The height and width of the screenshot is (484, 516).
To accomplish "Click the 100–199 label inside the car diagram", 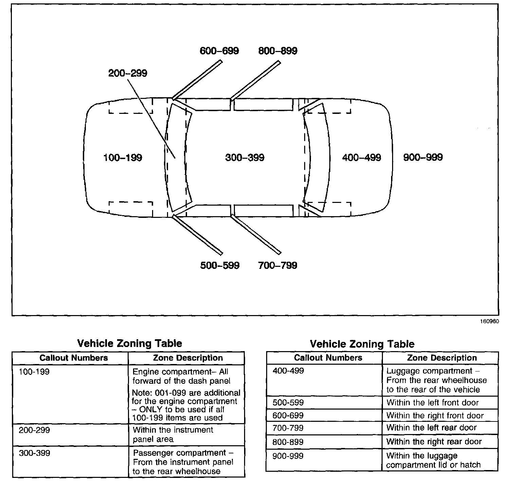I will pyautogui.click(x=123, y=158).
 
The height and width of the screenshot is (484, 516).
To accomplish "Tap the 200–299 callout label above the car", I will pyautogui.click(x=128, y=73).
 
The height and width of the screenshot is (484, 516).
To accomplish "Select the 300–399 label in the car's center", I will pyautogui.click(x=245, y=158).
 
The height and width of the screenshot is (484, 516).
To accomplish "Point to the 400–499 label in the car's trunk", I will pyautogui.click(x=362, y=158).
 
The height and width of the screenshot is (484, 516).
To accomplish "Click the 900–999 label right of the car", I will pyautogui.click(x=423, y=157).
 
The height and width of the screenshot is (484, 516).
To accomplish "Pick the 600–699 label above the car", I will pyautogui.click(x=219, y=51).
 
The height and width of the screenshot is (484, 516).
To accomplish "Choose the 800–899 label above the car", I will pyautogui.click(x=278, y=51).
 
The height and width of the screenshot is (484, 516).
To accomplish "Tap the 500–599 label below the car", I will pyautogui.click(x=220, y=265).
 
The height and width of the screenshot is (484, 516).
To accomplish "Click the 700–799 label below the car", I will pyautogui.click(x=278, y=265).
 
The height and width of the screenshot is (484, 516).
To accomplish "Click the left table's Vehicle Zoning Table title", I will pyautogui.click(x=130, y=343).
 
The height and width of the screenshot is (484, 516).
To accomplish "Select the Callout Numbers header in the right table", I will pyautogui.click(x=328, y=358).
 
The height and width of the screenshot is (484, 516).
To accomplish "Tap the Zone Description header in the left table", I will pyautogui.click(x=188, y=358).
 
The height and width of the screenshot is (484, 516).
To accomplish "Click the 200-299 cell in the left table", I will pyautogui.click(x=34, y=430).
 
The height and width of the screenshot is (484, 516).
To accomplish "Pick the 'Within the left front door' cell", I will pyautogui.click(x=432, y=403).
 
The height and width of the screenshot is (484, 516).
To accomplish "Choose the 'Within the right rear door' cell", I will pyautogui.click(x=434, y=442).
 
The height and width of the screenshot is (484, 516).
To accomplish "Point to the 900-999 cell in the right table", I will pyautogui.click(x=288, y=456).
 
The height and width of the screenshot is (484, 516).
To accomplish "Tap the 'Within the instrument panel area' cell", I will pyautogui.click(x=173, y=434).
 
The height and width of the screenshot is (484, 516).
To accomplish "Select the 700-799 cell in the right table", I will pyautogui.click(x=288, y=428).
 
